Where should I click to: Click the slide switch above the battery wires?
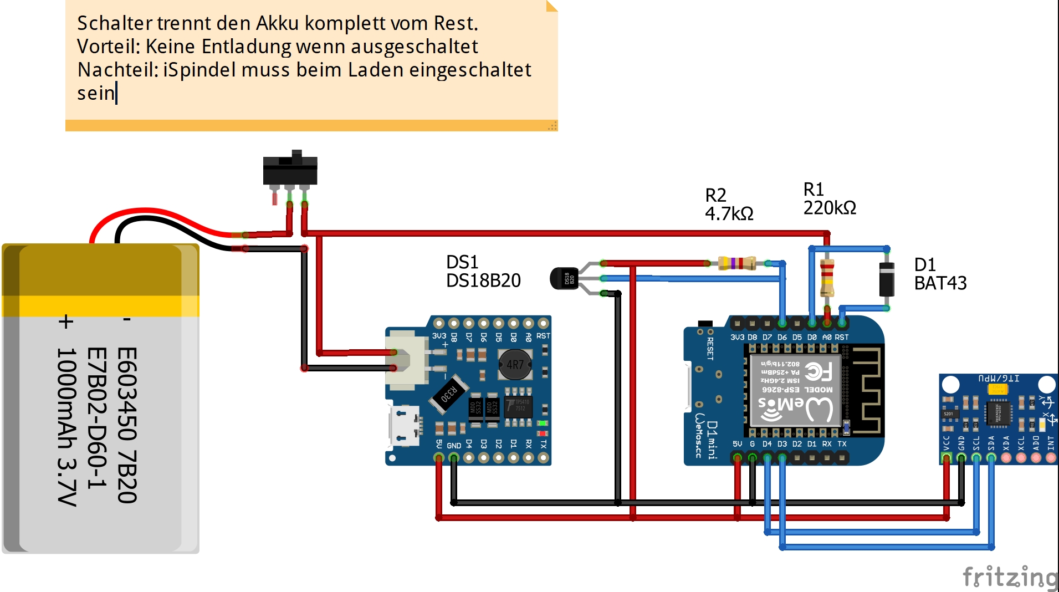pos(290,170)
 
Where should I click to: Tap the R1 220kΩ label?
pos(830,198)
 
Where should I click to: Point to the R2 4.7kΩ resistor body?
pos(736,263)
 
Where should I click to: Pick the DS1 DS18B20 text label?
pos(483,271)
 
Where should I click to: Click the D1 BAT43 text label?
pos(940,274)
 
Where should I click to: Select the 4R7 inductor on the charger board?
pos(515,364)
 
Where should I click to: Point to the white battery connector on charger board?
pos(407,358)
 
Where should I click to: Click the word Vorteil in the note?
pos(108,47)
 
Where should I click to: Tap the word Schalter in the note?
pos(114,23)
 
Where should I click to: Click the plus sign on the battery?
pos(66,321)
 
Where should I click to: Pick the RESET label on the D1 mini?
pos(710,349)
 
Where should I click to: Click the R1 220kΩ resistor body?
pos(827,277)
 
